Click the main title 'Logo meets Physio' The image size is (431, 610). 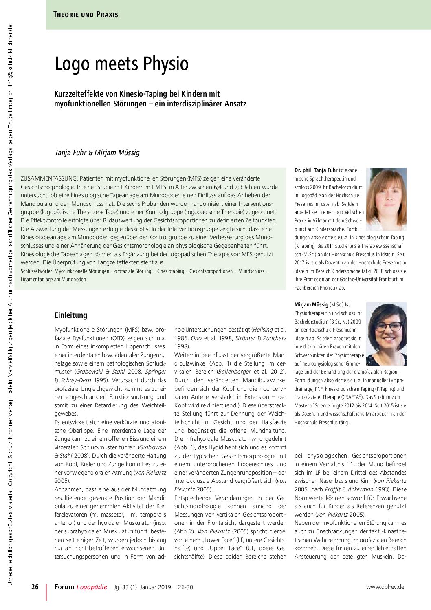[122, 64]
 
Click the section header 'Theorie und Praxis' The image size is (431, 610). [86, 15]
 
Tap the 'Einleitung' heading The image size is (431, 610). [71, 315]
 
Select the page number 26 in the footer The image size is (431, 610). [35, 587]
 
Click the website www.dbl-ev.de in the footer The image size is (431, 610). [385, 587]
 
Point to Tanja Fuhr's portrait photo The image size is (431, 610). [386, 199]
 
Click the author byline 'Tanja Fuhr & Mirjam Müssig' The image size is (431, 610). [97, 152]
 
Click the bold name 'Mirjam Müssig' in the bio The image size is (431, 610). [311, 304]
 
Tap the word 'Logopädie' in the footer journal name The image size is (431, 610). [92, 587]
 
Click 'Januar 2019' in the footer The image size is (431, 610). [155, 587]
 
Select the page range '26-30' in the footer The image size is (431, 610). [185, 587]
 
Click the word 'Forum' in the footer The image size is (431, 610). [64, 587]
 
